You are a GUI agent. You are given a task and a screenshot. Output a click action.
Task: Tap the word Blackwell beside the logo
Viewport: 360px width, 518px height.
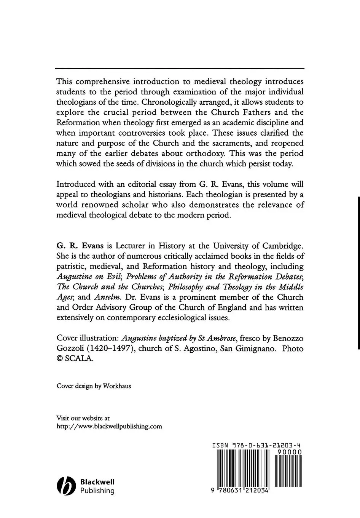pos(97,482)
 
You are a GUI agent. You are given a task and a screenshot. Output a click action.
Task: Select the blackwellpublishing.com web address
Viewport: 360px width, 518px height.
pos(109,426)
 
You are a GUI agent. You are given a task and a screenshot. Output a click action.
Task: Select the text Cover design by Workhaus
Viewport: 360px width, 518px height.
pos(94,386)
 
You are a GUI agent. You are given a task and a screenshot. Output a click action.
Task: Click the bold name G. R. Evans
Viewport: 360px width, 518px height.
pos(80,246)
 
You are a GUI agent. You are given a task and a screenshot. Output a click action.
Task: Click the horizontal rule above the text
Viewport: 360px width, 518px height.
pos(180,68)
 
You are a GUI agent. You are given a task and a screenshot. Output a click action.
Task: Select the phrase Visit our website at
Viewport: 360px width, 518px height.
pos(83,418)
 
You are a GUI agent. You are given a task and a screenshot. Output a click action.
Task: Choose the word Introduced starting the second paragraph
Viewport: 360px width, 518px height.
pos(75,184)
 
